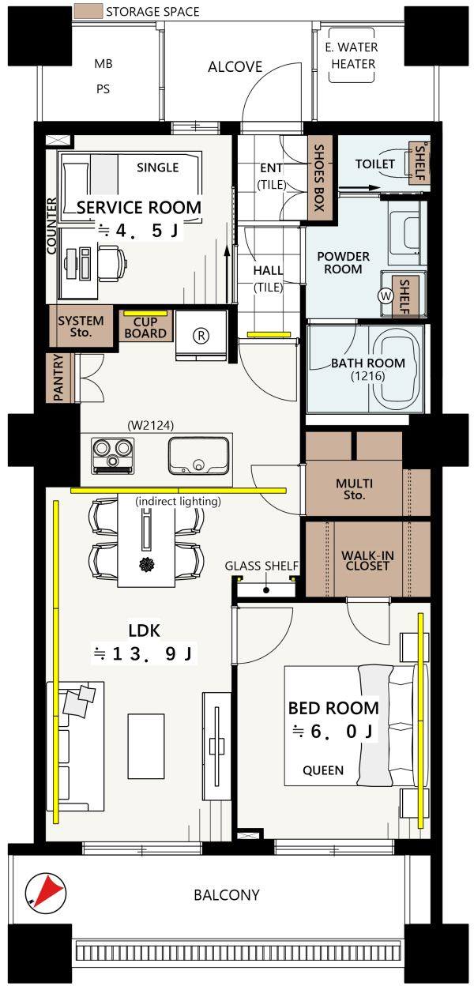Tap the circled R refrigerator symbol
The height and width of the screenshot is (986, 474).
click(x=201, y=336)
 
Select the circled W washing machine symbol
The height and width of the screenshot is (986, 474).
click(x=386, y=295)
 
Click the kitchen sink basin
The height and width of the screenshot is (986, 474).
click(x=198, y=456)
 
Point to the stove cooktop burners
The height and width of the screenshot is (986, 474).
click(x=113, y=456)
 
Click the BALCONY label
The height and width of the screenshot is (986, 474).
click(x=227, y=895)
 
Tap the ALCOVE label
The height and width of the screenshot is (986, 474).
click(x=235, y=67)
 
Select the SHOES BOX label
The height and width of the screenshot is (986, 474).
click(x=318, y=178)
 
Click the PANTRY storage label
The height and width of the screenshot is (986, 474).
click(x=58, y=378)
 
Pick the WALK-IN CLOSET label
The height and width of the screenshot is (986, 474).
click(x=367, y=561)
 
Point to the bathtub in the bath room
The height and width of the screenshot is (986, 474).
click(x=394, y=368)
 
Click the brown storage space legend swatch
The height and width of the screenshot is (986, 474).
click(x=88, y=11)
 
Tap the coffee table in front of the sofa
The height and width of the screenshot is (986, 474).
click(x=146, y=747)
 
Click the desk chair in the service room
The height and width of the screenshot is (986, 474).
click(x=112, y=263)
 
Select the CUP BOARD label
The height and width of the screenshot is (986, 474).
click(x=145, y=328)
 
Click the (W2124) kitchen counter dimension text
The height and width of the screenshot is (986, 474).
click(x=151, y=425)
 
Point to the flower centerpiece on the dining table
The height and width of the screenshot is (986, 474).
click(x=146, y=564)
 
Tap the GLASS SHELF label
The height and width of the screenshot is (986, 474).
click(x=261, y=566)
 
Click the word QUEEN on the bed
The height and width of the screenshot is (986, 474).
click(x=323, y=770)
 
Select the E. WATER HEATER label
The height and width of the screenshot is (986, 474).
click(x=352, y=55)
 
